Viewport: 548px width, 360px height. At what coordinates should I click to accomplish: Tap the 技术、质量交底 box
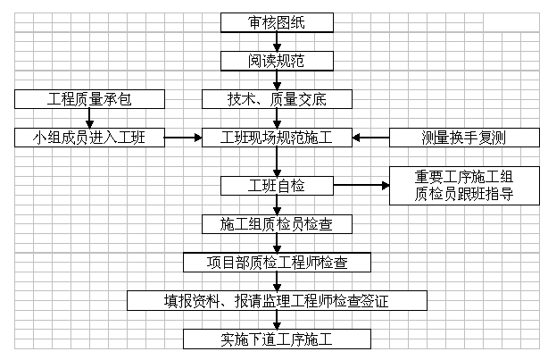click(x=277, y=98)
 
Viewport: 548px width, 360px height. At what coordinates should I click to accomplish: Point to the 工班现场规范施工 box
click(x=277, y=138)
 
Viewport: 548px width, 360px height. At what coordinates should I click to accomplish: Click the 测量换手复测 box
click(x=464, y=138)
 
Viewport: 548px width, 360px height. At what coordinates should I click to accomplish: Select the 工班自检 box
click(x=277, y=186)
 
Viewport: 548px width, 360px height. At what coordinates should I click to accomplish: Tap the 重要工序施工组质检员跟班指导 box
click(x=463, y=186)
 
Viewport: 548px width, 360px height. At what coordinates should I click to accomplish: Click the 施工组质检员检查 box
click(x=277, y=223)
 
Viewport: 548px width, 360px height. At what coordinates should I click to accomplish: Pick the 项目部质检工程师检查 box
click(x=277, y=262)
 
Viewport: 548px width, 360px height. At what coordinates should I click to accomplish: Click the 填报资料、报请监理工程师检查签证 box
click(x=277, y=300)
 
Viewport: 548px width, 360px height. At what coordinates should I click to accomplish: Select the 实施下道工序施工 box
click(x=277, y=339)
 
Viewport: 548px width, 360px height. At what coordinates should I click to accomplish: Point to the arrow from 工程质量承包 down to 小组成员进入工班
click(x=87, y=118)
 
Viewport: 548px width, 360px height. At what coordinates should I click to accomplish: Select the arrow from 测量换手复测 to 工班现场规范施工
click(x=370, y=138)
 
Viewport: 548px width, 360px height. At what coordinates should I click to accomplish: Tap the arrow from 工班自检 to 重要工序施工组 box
click(x=361, y=186)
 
